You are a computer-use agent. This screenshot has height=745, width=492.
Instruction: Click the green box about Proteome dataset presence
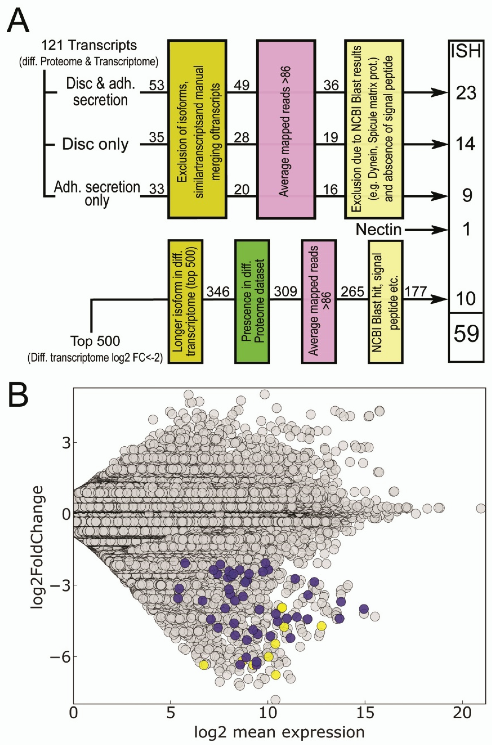pyautogui.click(x=252, y=302)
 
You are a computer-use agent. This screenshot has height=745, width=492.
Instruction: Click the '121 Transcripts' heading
pyautogui.click(x=89, y=46)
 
